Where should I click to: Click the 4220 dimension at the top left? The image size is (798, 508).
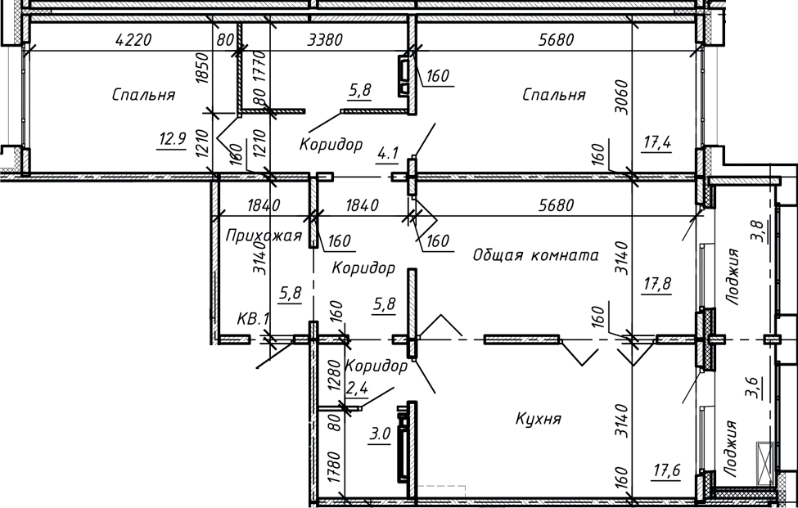click(x=135, y=38)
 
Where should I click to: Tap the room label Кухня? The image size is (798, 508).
click(x=538, y=419)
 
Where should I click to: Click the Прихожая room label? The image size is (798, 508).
click(x=259, y=236)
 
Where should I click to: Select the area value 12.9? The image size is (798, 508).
click(x=170, y=139)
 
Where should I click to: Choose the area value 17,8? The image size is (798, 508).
click(x=657, y=285)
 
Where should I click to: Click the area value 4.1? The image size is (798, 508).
click(x=387, y=151)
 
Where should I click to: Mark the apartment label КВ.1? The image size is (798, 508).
click(x=253, y=318)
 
